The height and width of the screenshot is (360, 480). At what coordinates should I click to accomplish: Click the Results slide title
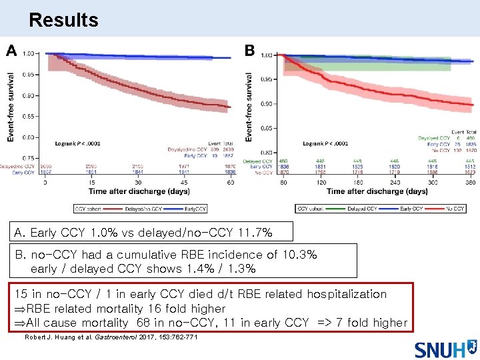click(x=63, y=20)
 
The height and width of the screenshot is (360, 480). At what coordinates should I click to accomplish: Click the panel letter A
click(x=11, y=51)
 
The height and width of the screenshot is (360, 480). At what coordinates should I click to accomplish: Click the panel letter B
click(x=250, y=51)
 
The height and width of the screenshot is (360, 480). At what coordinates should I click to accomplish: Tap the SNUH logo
click(x=445, y=348)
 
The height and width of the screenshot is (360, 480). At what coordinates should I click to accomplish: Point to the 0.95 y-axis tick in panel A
click(x=29, y=75)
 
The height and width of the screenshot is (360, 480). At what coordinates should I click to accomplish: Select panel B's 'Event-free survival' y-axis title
click(x=249, y=107)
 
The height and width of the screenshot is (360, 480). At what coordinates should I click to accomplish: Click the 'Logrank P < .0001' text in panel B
click(x=325, y=143)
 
